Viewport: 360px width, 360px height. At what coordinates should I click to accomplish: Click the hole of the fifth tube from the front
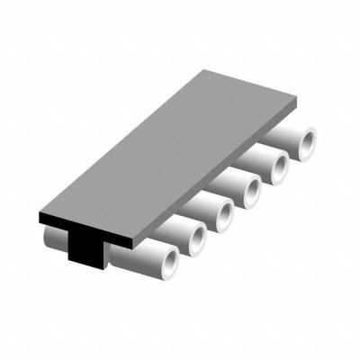click(x=279, y=166)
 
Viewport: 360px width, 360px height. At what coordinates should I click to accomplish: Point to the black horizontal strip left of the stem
click(x=54, y=220)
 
